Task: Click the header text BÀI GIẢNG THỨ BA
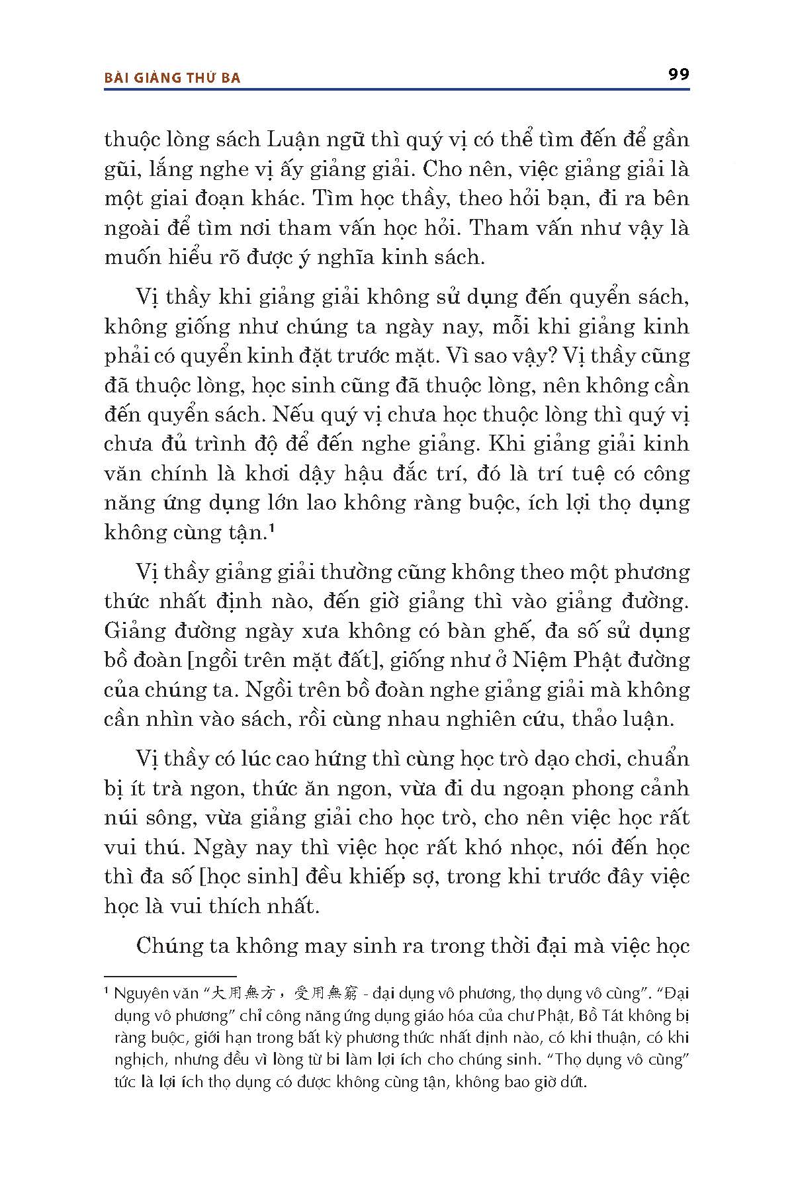tap(173, 78)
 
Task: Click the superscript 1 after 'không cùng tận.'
tap(273, 529)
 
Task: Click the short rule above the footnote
tap(170, 976)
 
